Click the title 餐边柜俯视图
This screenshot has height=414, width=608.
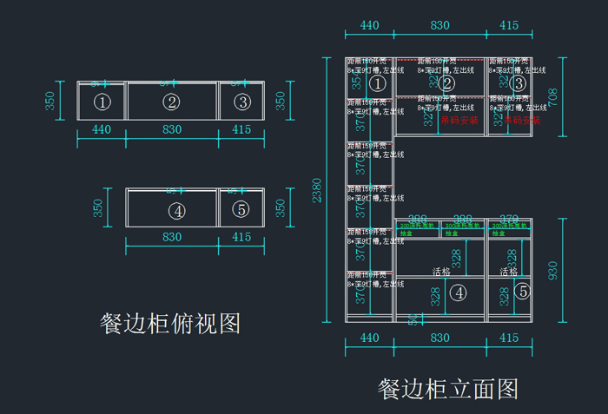170,324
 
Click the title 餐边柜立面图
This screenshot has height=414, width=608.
448,388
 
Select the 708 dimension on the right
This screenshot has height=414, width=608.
552,96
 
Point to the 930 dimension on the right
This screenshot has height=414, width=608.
552,270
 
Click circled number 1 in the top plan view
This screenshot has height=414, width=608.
102,102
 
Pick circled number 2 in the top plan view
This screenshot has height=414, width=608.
171,102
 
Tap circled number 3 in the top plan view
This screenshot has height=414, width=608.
241,102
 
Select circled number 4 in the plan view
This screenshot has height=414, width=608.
177,210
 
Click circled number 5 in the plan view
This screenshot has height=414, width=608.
241,210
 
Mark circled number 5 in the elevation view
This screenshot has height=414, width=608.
521,292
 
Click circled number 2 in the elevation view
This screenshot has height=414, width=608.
447,83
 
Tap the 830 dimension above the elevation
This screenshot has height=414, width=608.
439,25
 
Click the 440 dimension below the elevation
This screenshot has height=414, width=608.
369,338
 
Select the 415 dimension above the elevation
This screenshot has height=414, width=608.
509,25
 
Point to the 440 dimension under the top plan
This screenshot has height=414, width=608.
102,129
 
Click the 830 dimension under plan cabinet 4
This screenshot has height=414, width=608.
172,236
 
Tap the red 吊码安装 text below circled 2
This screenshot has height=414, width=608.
459,121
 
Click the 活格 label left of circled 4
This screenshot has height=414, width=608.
441,272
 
